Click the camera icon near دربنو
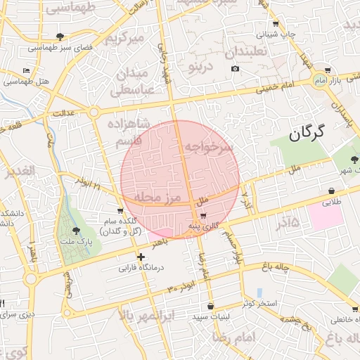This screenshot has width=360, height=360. [x=235, y=69]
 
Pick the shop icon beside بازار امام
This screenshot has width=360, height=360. [x=328, y=70]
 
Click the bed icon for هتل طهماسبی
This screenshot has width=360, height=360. [x=26, y=71]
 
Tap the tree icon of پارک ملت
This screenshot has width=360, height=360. [x=76, y=230]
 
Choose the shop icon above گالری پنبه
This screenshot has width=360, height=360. [x=204, y=215]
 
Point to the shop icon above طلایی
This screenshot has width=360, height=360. [x=330, y=191]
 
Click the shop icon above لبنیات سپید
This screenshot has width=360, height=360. [x=211, y=306]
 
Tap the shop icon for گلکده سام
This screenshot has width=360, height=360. [x=121, y=210]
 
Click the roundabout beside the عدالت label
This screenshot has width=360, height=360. [x=94, y=112]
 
